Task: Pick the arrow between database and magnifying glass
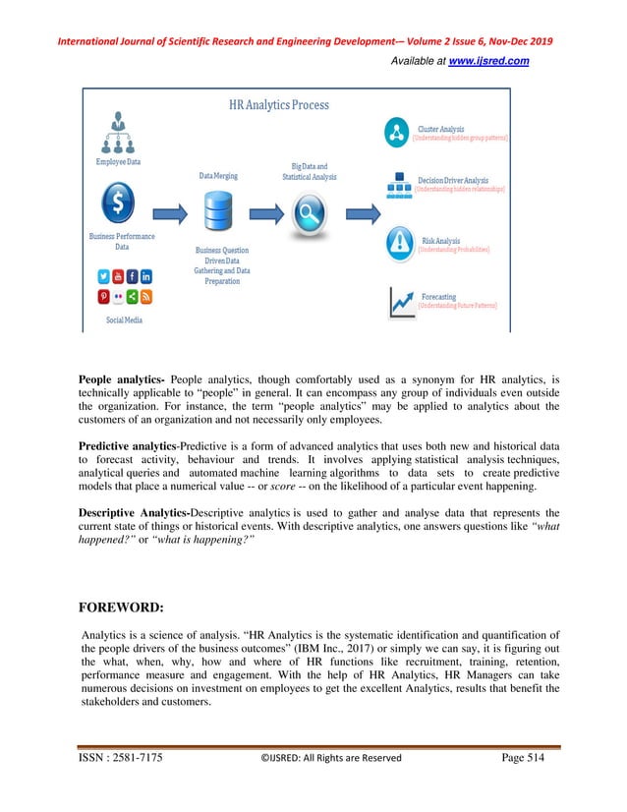(263, 211)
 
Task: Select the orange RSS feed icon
(145, 296)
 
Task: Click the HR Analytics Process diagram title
(279, 104)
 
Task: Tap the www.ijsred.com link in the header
(488, 61)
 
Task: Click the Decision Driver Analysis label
(453, 181)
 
